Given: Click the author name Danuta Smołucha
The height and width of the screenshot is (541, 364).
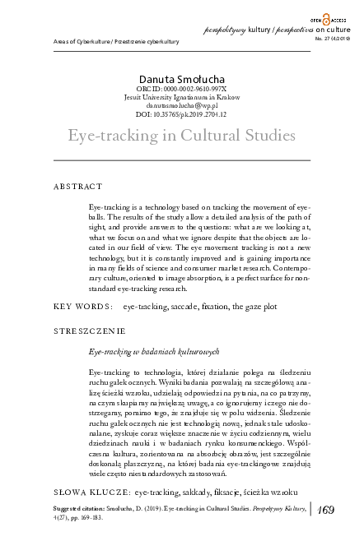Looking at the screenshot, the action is [x=182, y=78].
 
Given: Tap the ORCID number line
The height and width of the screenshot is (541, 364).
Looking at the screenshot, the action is [x=182, y=89].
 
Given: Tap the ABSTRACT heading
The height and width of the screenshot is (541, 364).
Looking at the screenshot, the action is [x=78, y=187].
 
